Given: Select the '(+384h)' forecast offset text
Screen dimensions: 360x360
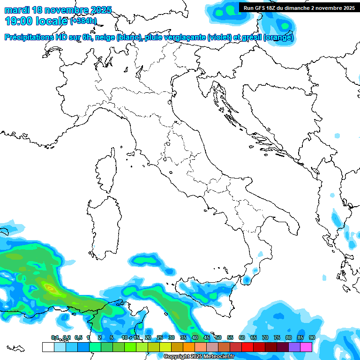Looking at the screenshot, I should [83, 21].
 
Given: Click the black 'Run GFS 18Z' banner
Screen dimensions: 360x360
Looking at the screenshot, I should [299, 8].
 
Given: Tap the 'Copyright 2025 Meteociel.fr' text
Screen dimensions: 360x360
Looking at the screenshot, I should [199, 357].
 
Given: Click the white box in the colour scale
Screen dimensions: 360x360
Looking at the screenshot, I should [48, 347].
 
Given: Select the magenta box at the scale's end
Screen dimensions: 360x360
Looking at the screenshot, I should [306, 347].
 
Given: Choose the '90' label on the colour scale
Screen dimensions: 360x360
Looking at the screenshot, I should [312, 338].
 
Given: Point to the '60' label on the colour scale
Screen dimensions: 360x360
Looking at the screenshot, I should [241, 338].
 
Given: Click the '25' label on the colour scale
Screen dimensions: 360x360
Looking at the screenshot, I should [159, 338].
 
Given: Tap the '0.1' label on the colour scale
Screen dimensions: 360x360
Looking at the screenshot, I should [55, 338].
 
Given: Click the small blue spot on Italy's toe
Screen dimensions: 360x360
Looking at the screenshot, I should [245, 280].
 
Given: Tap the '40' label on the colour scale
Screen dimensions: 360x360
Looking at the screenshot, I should [195, 338].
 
